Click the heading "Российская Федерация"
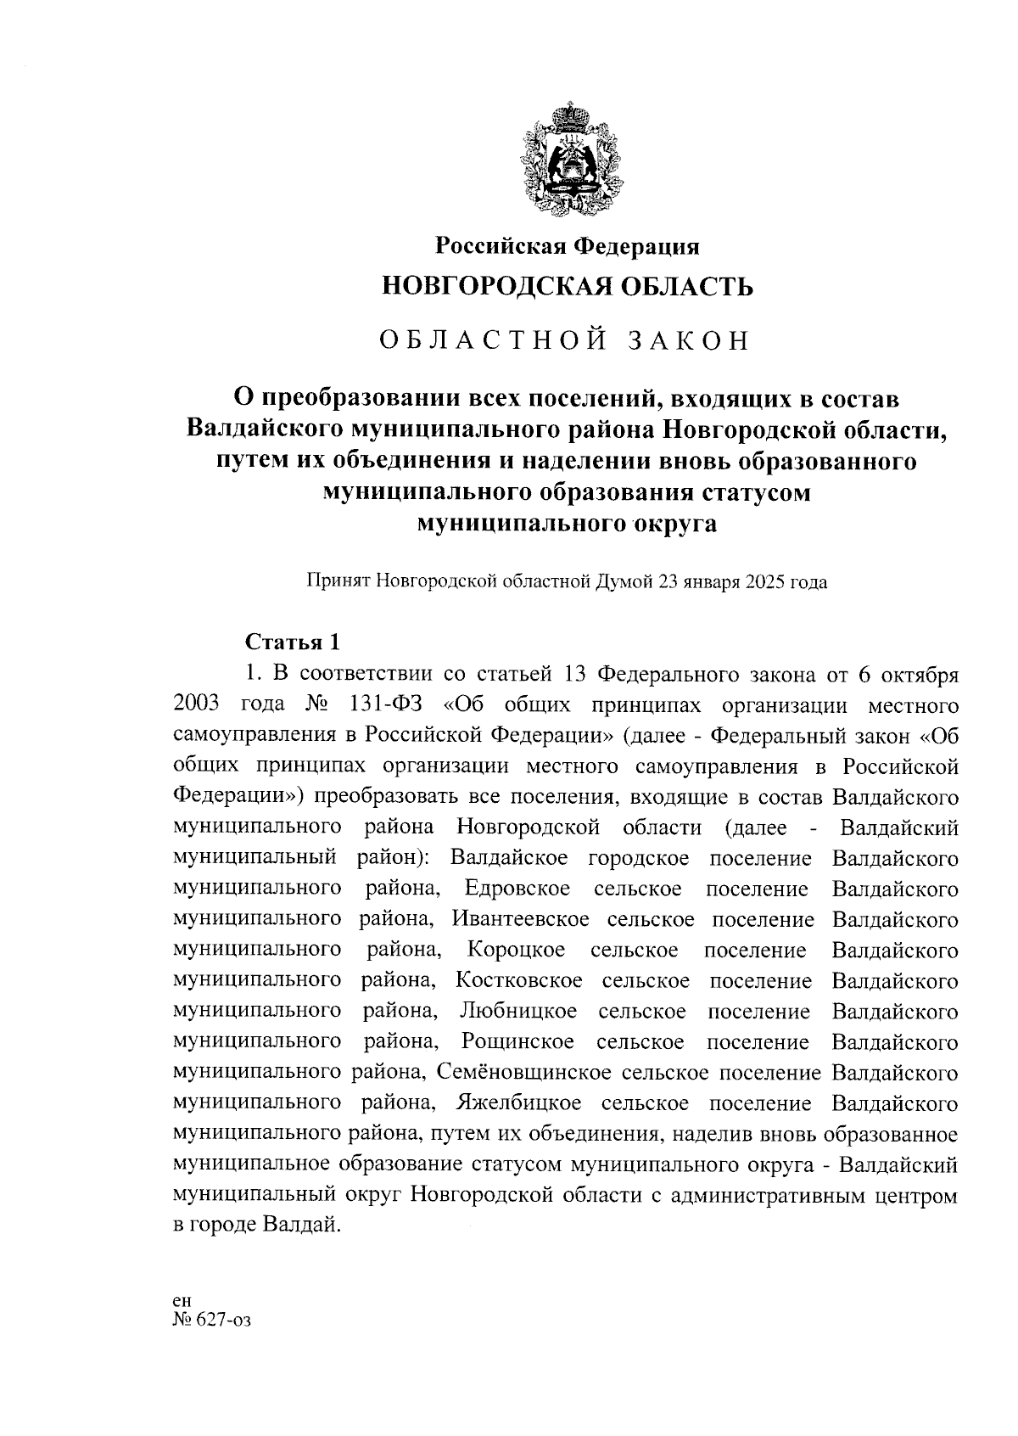point(568,246)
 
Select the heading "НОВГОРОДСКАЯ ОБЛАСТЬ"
point(568,287)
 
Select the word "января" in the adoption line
point(713,582)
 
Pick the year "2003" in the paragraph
point(197,705)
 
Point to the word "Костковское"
point(518,981)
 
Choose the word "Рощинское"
point(517,1042)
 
